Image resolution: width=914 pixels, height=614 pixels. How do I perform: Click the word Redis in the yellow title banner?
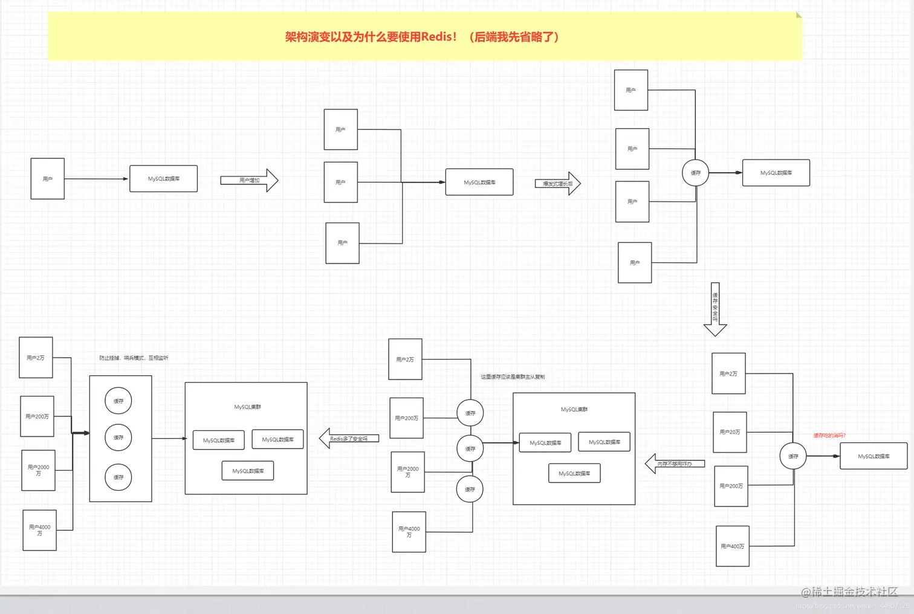[x=438, y=37]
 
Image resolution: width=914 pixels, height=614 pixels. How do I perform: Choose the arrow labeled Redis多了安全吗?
[x=349, y=439]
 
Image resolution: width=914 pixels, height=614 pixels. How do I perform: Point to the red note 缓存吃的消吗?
[x=829, y=435]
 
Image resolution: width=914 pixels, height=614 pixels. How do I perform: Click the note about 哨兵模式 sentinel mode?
[x=134, y=358]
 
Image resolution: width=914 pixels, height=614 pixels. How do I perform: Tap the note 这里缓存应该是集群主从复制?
[x=513, y=376]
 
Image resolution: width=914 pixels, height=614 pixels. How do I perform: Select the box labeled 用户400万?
[x=732, y=546]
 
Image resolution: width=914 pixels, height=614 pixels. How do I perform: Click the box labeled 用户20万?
[x=730, y=432]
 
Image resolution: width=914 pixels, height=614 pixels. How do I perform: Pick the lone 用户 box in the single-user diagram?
[x=47, y=179]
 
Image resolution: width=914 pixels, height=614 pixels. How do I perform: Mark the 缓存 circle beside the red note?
[x=793, y=456]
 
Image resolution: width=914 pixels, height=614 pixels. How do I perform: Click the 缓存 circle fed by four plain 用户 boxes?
[x=695, y=173]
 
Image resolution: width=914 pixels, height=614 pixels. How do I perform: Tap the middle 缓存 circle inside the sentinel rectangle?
[x=118, y=438]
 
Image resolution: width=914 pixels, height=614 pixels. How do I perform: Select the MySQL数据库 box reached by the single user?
[x=163, y=179]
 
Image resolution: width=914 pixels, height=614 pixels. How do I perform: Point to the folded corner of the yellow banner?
[x=799, y=15]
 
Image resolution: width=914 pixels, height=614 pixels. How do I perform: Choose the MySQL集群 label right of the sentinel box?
[x=247, y=407]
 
